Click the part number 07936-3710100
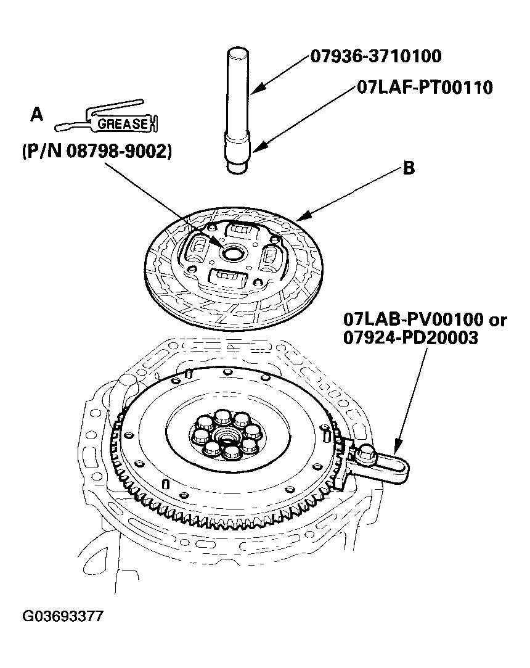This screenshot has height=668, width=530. coord(375,57)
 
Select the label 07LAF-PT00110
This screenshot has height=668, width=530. coord(425,88)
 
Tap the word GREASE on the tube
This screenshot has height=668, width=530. coord(120,124)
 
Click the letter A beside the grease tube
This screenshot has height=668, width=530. coord(37,115)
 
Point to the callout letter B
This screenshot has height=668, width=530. coord(408,169)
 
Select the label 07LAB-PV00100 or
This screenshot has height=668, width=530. coord(425,320)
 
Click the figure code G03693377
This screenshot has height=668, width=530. coord(63,616)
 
